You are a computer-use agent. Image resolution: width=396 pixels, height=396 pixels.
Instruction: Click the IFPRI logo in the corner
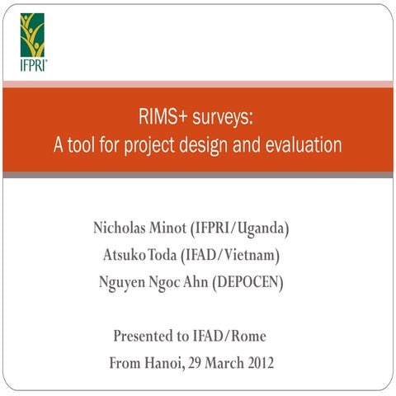[32, 41]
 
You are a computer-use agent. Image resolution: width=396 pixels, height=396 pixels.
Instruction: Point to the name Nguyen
[123, 282]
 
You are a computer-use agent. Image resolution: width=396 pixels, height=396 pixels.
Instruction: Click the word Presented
[144, 336]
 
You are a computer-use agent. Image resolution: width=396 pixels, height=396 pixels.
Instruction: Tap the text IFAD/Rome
[233, 336]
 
